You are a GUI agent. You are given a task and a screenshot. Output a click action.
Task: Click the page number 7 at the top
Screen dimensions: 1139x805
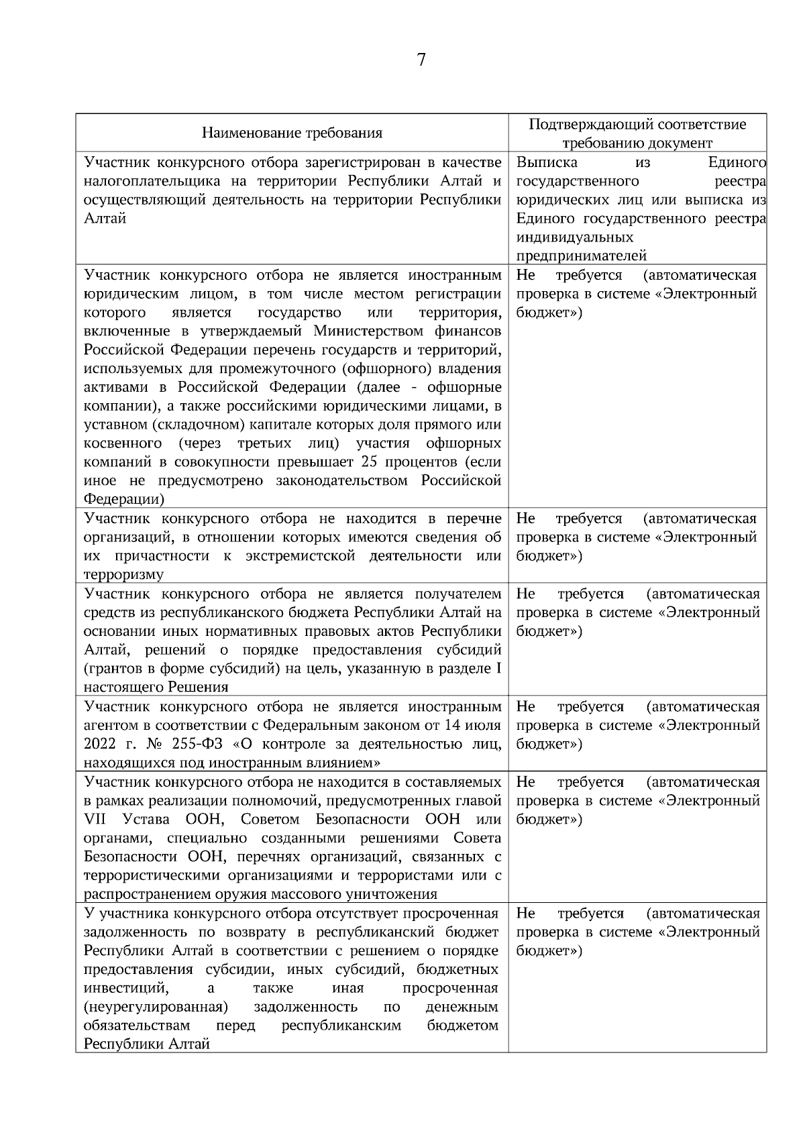(421, 60)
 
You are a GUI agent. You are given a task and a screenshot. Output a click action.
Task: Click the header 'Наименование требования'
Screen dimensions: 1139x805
(292, 133)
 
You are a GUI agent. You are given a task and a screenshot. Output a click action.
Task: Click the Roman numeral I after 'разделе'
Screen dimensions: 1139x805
(497, 669)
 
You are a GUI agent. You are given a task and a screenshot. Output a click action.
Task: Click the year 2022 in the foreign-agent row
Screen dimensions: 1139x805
(99, 745)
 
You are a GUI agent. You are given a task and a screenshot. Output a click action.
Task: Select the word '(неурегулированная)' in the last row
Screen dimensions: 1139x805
(156, 1007)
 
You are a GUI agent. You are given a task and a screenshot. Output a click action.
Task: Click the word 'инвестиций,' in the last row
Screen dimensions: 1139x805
(125, 989)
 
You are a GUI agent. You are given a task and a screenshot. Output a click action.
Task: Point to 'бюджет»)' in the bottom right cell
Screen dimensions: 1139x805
(549, 951)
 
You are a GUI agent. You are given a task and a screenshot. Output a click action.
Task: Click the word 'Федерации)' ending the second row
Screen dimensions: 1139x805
(124, 500)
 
